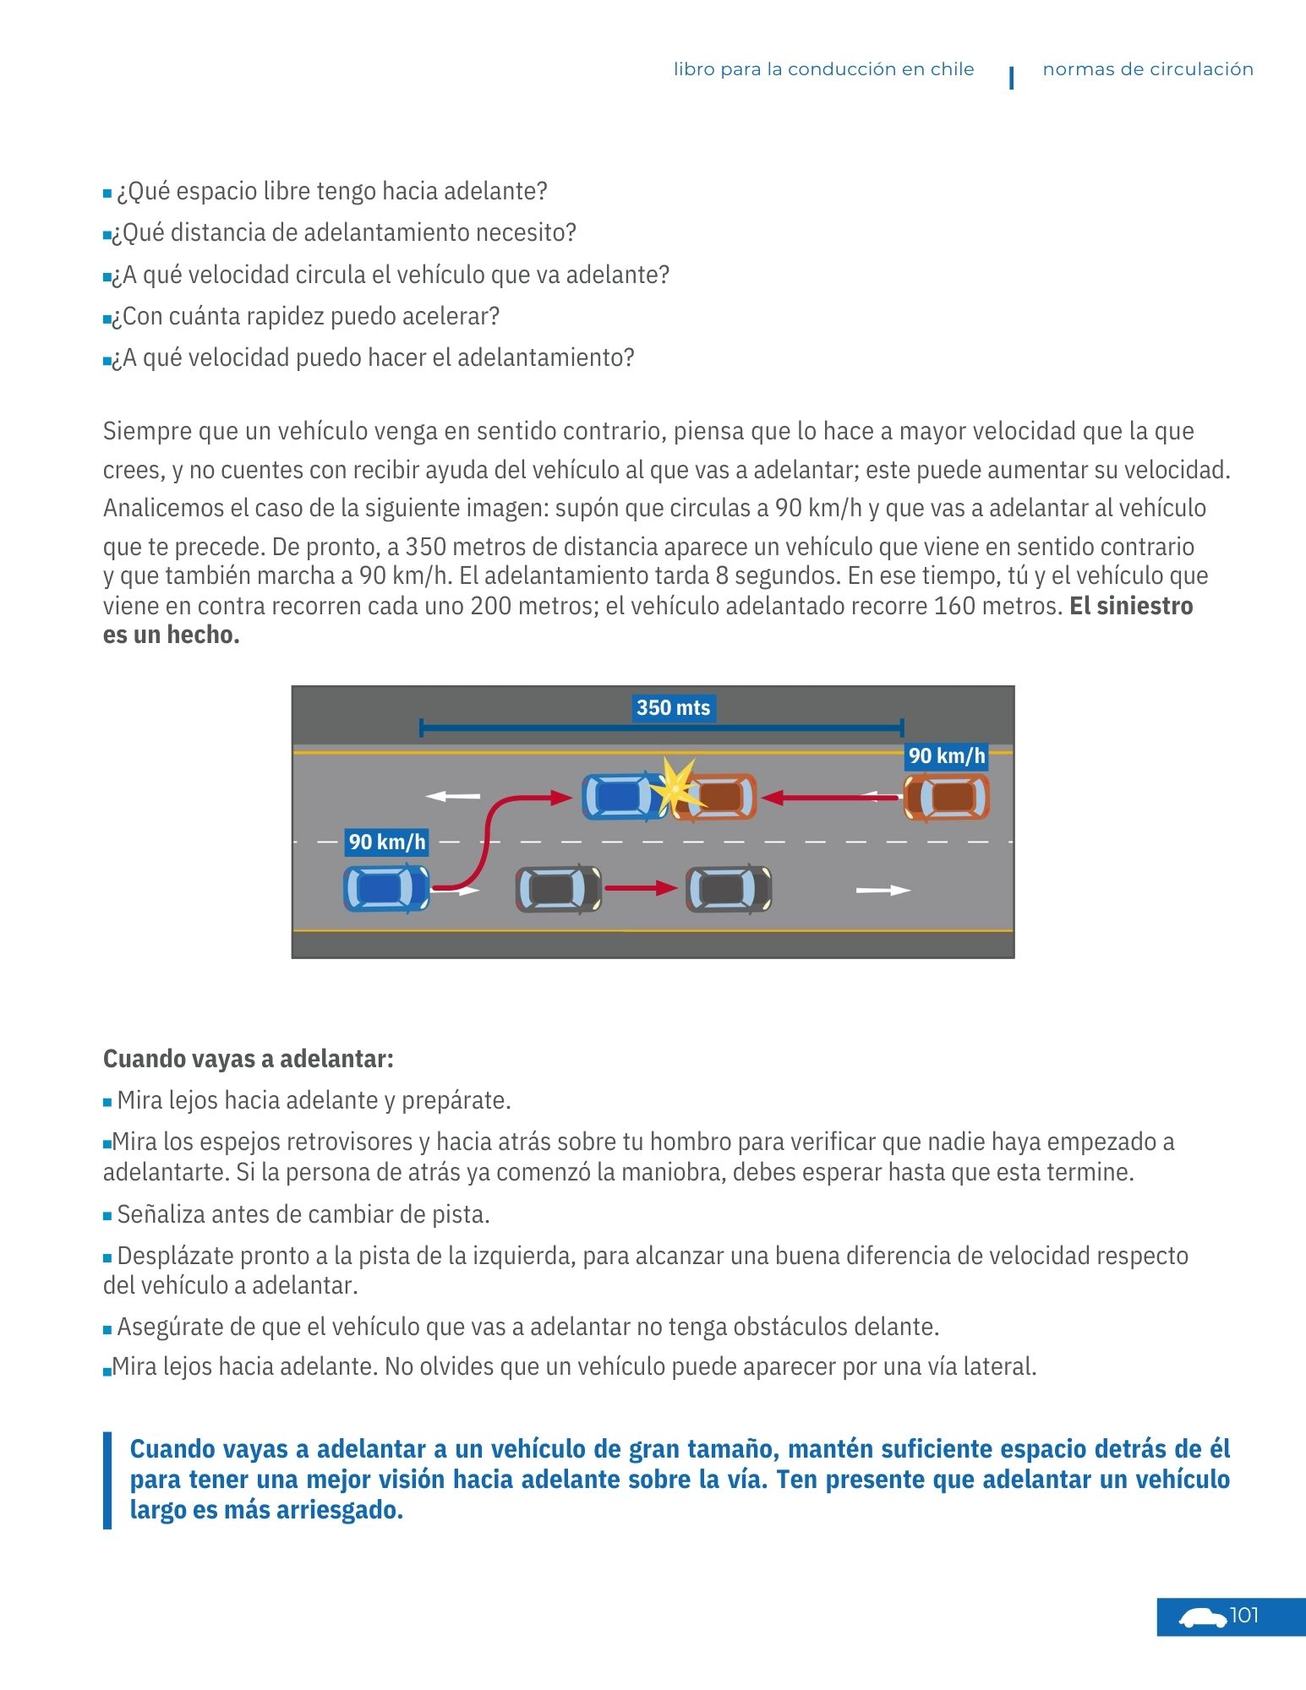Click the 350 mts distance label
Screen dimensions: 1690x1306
coord(673,708)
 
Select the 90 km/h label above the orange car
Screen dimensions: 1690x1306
coord(947,755)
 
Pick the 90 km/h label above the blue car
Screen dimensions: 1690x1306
coord(387,842)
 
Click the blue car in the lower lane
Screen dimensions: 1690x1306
coord(386,889)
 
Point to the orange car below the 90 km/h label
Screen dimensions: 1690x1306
coord(947,797)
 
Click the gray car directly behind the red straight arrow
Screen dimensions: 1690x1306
coord(558,889)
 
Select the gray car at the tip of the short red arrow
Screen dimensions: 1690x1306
coord(729,889)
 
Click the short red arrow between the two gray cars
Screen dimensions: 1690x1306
coord(641,888)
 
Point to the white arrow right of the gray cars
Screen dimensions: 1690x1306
coord(883,890)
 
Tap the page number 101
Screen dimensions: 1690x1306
coord(1243,1616)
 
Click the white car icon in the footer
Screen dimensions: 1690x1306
coord(1202,1618)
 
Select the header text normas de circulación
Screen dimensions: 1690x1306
coord(1147,70)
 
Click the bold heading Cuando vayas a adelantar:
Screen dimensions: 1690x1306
coord(249,1059)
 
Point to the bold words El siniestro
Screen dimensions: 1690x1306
coord(1131,606)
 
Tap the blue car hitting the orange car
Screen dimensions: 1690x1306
coord(621,796)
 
